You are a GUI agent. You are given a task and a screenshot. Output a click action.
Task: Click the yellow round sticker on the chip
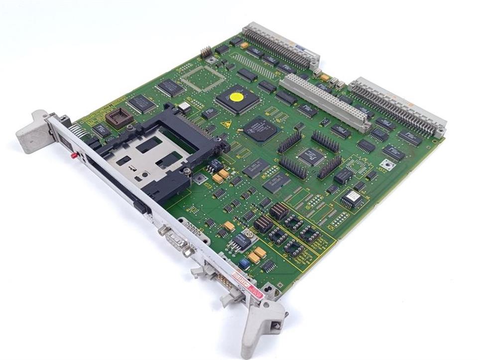[238, 96]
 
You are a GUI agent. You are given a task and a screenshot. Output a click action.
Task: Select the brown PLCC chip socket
[119, 118]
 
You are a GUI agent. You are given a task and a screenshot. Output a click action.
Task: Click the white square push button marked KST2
[385, 164]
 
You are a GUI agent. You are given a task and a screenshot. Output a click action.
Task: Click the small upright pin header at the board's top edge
[206, 52]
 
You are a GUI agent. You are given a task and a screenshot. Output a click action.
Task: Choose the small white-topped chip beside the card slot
[184, 107]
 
